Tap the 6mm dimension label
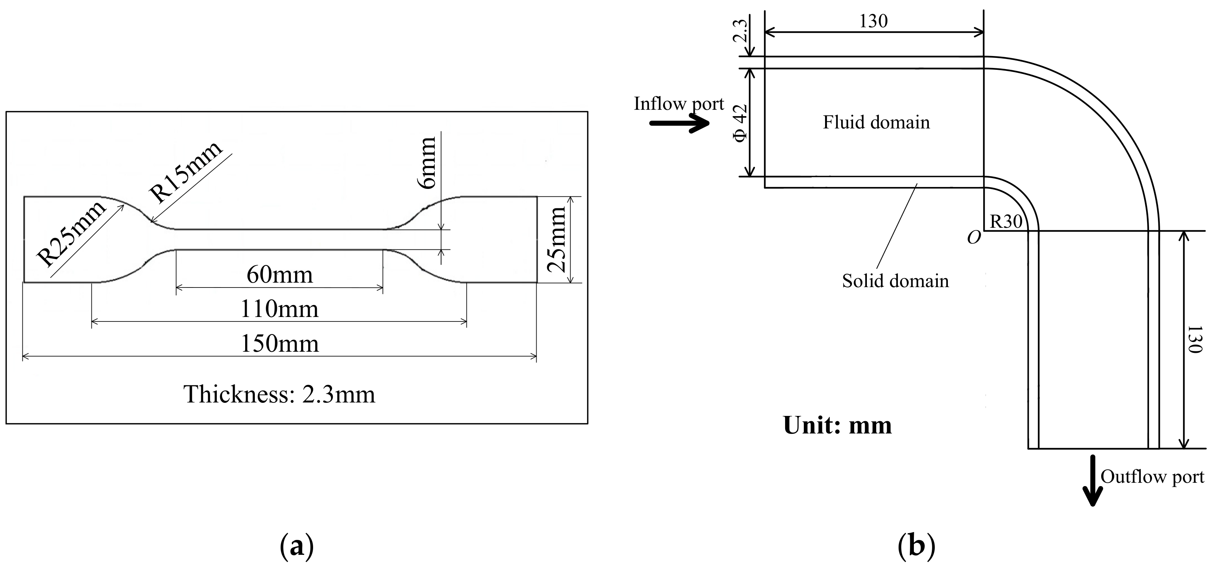(428, 163)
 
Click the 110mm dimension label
(280, 309)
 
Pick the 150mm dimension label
(280, 344)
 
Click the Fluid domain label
(876, 122)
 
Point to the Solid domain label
(895, 281)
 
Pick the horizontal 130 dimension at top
(873, 21)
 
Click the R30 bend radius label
(1006, 221)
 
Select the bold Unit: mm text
(837, 425)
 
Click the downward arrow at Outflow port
(1093, 480)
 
